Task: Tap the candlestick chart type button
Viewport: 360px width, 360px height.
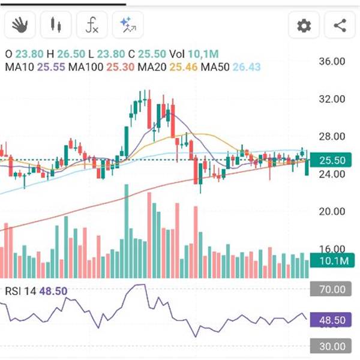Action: [x=56, y=25]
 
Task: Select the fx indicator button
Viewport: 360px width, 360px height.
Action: [x=92, y=25]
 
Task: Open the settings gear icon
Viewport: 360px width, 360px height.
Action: [x=304, y=26]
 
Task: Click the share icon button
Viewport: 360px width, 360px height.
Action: [x=340, y=26]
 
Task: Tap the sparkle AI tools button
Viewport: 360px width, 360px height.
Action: [x=127, y=25]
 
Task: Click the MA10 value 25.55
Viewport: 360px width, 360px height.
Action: [x=51, y=67]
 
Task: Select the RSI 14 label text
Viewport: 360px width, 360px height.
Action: [x=20, y=292]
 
